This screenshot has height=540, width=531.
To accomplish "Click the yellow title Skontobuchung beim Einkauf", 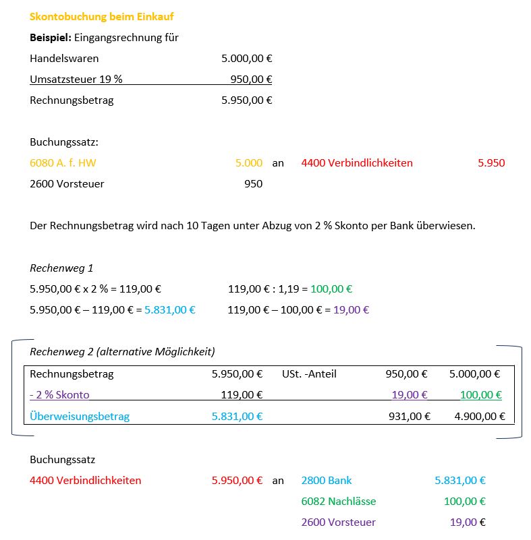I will [102, 17].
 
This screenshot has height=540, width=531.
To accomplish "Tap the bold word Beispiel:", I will [51, 38].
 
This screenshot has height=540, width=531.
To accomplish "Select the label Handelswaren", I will [64, 59].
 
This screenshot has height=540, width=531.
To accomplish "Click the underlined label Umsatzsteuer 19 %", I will [76, 80].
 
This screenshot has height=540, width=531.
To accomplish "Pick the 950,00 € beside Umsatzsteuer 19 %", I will [251, 80].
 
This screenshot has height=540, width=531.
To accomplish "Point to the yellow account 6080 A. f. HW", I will [67, 162].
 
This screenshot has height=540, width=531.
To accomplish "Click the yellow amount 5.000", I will [248, 162].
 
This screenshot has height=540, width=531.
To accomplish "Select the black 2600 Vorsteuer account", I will [67, 183].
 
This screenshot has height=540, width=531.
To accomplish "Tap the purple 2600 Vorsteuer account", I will [338, 522].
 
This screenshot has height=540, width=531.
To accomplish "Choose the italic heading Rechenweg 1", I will [61, 268].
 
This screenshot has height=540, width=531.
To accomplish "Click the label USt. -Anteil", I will [309, 373].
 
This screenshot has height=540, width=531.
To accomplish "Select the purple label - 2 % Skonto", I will [59, 395].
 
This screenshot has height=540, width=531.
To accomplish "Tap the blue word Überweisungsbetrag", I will [80, 416].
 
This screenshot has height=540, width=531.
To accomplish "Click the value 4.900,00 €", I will [477, 416].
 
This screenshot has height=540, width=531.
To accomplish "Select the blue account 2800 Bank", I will [327, 481].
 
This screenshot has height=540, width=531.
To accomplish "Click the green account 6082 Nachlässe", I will [338, 502].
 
